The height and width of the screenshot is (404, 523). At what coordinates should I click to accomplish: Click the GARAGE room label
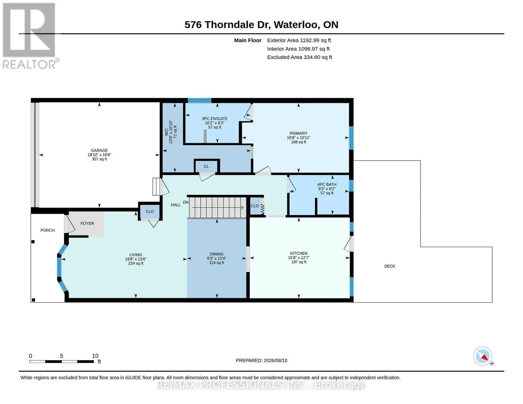pyautogui.click(x=99, y=150)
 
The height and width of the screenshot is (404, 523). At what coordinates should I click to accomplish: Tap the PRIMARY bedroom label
pyautogui.click(x=298, y=133)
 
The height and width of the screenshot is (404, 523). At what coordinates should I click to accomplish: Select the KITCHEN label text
pyautogui.click(x=299, y=254)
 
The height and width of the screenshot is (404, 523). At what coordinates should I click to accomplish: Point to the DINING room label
pyautogui.click(x=216, y=254)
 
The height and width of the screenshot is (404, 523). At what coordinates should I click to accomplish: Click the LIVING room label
pyautogui.click(x=136, y=255)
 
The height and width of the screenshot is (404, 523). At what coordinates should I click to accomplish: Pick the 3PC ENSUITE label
pyautogui.click(x=215, y=119)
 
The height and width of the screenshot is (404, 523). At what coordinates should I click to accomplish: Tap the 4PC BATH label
pyautogui.click(x=327, y=184)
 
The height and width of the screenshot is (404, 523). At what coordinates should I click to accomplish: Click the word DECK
pyautogui.click(x=390, y=266)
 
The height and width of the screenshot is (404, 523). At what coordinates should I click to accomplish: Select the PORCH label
pyautogui.click(x=47, y=230)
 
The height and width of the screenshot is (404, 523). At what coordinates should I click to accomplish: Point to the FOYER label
pyautogui.click(x=87, y=224)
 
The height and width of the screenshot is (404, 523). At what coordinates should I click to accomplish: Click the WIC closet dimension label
pyautogui.click(x=171, y=132)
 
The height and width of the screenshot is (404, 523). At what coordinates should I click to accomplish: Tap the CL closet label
pyautogui.click(x=206, y=167)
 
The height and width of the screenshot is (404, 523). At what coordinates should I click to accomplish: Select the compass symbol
pyautogui.click(x=483, y=356)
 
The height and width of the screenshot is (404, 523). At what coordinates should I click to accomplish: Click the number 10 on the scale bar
pyautogui.click(x=95, y=356)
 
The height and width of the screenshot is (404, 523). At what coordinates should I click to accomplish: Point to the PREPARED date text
pyautogui.click(x=261, y=361)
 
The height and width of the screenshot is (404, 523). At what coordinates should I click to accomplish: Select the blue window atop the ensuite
pyautogui.click(x=199, y=100)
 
